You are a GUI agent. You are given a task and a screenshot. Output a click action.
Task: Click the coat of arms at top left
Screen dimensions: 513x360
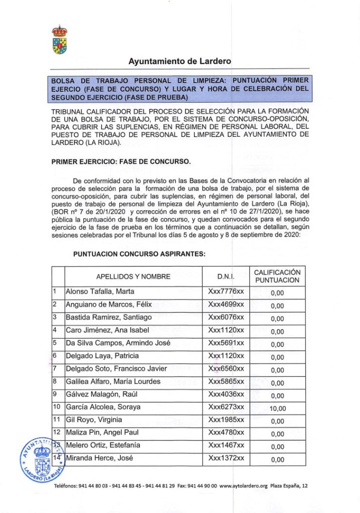tap(60, 40)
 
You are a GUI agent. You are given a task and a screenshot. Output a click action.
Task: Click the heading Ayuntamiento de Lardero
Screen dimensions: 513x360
tap(179, 62)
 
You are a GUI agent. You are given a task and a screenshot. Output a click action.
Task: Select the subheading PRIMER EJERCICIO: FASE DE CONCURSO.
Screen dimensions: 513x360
tap(121, 162)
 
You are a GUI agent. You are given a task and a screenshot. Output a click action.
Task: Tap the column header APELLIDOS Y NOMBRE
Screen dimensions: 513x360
tap(133, 277)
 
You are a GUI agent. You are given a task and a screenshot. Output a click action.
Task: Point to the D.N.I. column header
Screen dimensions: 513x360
tap(226, 277)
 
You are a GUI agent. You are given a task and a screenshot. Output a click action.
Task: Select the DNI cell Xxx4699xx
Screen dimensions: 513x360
tap(226, 305)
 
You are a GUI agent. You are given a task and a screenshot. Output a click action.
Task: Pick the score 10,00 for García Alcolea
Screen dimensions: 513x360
tap(277, 408)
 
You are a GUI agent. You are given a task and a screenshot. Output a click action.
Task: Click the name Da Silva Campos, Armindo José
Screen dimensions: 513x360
tap(118, 343)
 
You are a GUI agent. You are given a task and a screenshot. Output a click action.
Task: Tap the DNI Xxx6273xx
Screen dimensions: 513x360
tap(226, 407)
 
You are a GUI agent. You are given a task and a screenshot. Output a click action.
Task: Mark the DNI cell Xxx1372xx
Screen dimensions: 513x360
tap(226, 458)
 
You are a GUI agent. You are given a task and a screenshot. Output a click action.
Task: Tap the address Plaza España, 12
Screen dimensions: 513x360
tap(291, 486)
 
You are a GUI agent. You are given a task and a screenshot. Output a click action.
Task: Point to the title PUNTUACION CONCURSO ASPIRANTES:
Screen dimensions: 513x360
tap(139, 254)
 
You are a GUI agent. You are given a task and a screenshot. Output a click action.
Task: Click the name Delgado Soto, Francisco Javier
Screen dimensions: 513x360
tap(116, 369)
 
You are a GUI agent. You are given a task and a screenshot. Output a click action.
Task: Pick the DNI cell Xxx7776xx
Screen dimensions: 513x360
tap(226, 292)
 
